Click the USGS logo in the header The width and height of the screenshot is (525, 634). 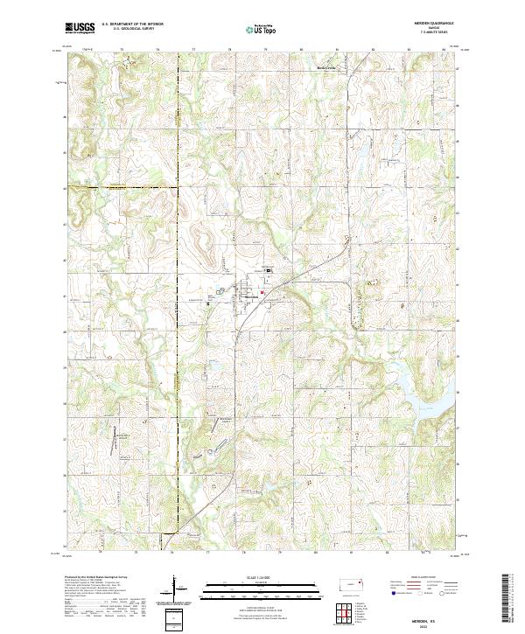(x=80, y=28)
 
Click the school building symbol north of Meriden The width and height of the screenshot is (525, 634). (x=269, y=271)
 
